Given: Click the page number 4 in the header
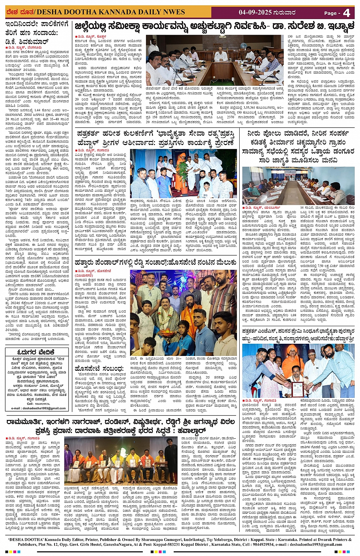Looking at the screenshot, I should [x=346, y=13].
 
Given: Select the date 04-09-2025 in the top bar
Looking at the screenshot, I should [x=255, y=12].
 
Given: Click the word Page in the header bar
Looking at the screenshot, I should [x=330, y=13].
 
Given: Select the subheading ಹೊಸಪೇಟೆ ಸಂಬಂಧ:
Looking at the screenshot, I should [x=99, y=369].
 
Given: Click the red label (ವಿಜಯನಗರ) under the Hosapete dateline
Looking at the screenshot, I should [x=85, y=275].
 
